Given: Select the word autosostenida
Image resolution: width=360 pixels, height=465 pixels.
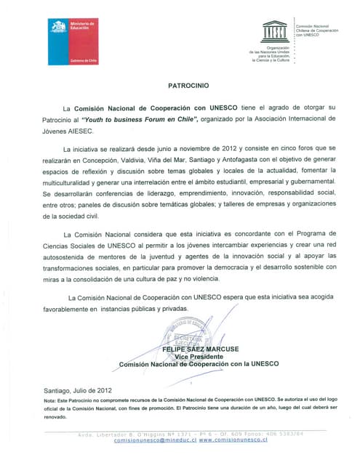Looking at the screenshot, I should click(68, 259).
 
